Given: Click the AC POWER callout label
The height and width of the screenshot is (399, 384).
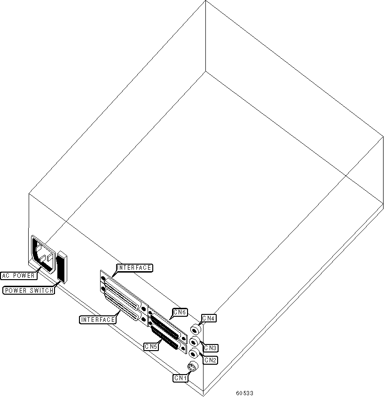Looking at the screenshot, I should [x=18, y=275].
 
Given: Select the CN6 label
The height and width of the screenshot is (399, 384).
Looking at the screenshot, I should [x=180, y=312].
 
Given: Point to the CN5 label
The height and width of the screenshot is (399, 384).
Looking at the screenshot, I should [x=151, y=346].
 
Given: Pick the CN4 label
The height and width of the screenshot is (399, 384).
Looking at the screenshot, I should [x=209, y=319].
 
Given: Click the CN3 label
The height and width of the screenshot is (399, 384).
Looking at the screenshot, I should [x=210, y=348].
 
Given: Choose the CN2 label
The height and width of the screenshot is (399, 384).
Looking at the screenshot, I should [x=210, y=360].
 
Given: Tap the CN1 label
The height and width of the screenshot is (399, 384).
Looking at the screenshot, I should [x=180, y=377].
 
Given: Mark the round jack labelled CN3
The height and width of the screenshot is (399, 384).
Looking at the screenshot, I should [x=194, y=342].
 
